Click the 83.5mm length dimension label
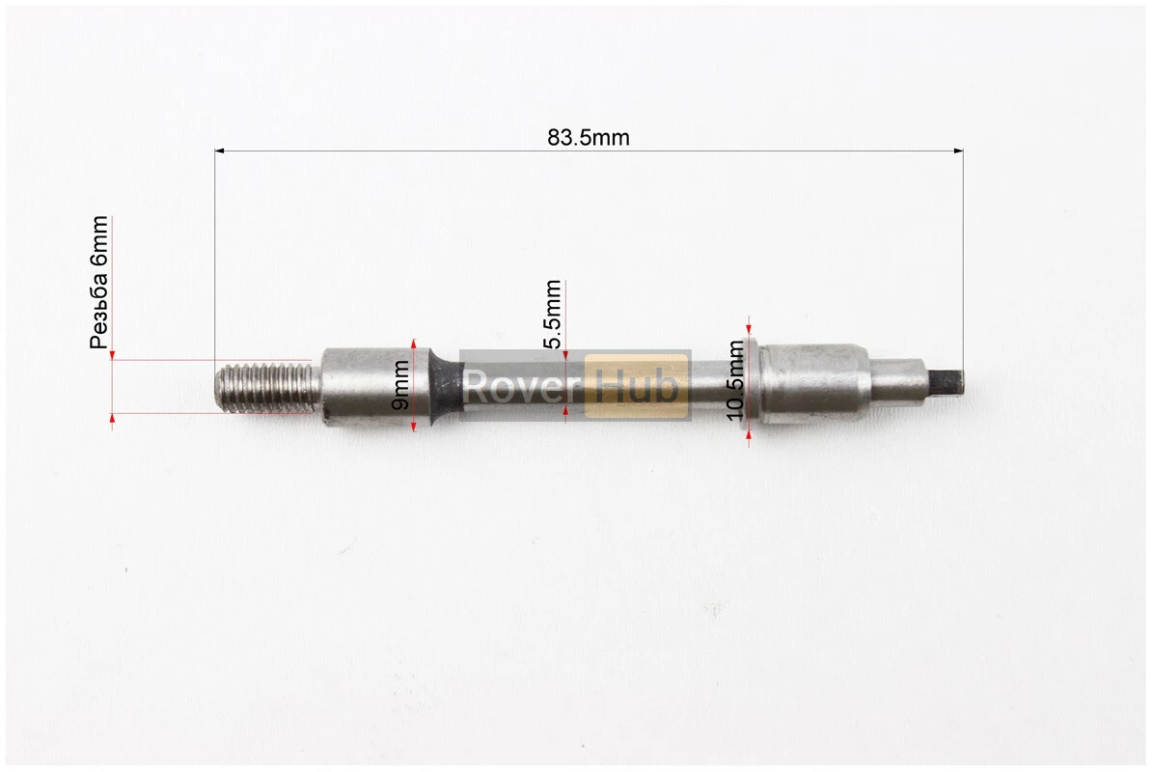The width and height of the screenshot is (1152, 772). [x=588, y=137]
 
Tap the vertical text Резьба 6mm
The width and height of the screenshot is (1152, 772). [x=99, y=282]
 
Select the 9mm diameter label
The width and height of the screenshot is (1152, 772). [x=399, y=386]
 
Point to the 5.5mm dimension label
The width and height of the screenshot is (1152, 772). [x=553, y=314]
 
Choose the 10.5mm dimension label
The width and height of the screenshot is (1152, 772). [x=735, y=380]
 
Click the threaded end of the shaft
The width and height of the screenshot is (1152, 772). [x=267, y=387]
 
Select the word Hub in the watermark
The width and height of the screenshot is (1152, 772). [x=636, y=386]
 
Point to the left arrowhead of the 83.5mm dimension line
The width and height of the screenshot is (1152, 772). [x=219, y=152]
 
